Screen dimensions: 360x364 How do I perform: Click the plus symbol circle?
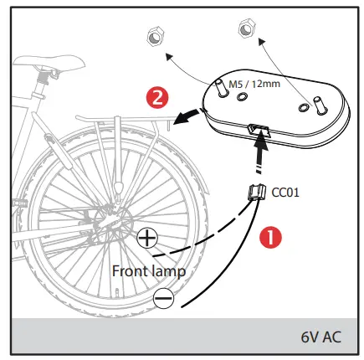tap(148, 239)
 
